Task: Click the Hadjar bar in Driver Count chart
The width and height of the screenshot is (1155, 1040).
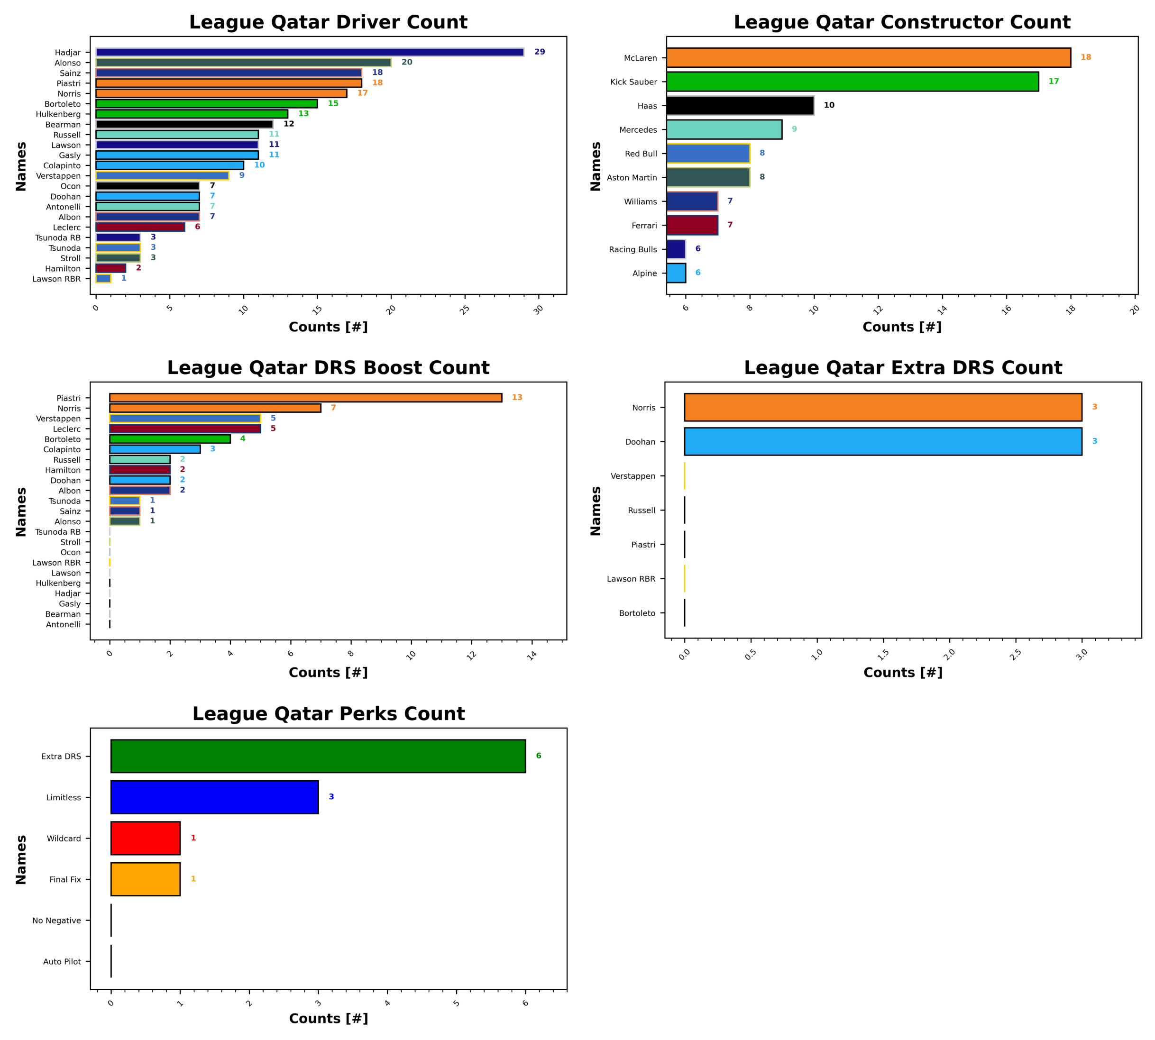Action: tap(309, 52)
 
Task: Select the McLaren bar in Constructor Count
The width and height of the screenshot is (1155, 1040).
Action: tap(868, 58)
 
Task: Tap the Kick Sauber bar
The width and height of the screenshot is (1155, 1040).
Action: tap(852, 82)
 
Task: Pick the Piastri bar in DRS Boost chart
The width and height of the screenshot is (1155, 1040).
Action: tap(305, 398)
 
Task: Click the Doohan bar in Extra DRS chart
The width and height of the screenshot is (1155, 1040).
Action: tap(882, 442)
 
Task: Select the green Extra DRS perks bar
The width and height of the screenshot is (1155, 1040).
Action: tap(318, 756)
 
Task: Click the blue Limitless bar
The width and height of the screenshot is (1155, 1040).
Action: tap(214, 797)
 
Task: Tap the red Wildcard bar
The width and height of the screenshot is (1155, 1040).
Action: tap(145, 838)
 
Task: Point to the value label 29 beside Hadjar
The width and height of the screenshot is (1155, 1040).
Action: tap(539, 52)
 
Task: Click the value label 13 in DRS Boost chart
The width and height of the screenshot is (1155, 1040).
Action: tap(517, 398)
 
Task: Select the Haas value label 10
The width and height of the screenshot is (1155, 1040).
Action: tap(829, 105)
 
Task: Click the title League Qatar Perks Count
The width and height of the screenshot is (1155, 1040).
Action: tap(328, 714)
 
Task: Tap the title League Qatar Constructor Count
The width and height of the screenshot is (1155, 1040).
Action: tap(902, 22)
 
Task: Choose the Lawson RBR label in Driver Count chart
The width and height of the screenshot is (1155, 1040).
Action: tap(56, 279)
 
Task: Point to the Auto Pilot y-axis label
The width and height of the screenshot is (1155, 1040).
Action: tap(62, 962)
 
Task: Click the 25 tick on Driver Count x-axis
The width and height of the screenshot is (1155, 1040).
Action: tap(465, 309)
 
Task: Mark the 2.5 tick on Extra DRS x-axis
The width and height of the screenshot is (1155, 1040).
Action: tap(1015, 655)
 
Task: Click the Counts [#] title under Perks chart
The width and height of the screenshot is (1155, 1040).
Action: tap(328, 1018)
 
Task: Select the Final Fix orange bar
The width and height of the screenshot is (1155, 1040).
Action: tap(145, 879)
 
